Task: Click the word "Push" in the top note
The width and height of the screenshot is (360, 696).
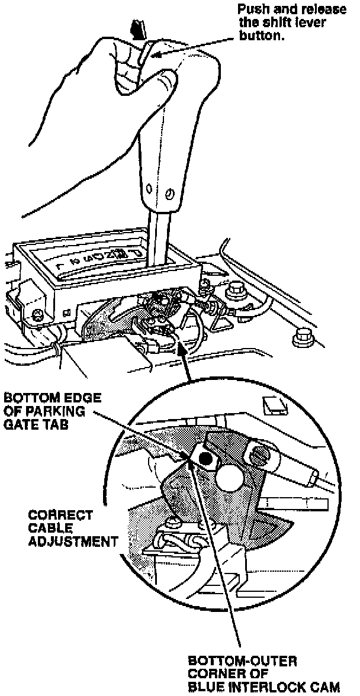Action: tap(249, 10)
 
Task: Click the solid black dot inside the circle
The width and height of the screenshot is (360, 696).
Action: tap(206, 457)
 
